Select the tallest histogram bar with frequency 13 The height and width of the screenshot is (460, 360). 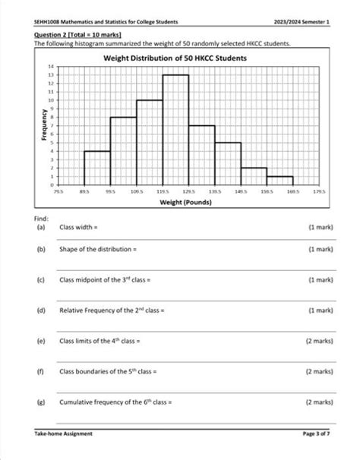175,129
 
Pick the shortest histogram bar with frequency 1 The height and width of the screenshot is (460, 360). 280,181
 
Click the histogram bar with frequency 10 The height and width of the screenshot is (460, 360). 150,142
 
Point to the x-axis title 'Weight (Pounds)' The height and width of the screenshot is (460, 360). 185,203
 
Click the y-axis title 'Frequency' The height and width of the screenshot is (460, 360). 45,129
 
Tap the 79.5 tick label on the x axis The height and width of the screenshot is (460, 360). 58,193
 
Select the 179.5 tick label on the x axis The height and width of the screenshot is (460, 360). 319,193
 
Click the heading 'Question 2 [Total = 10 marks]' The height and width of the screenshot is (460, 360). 78,35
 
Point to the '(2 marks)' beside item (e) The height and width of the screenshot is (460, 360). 318,342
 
